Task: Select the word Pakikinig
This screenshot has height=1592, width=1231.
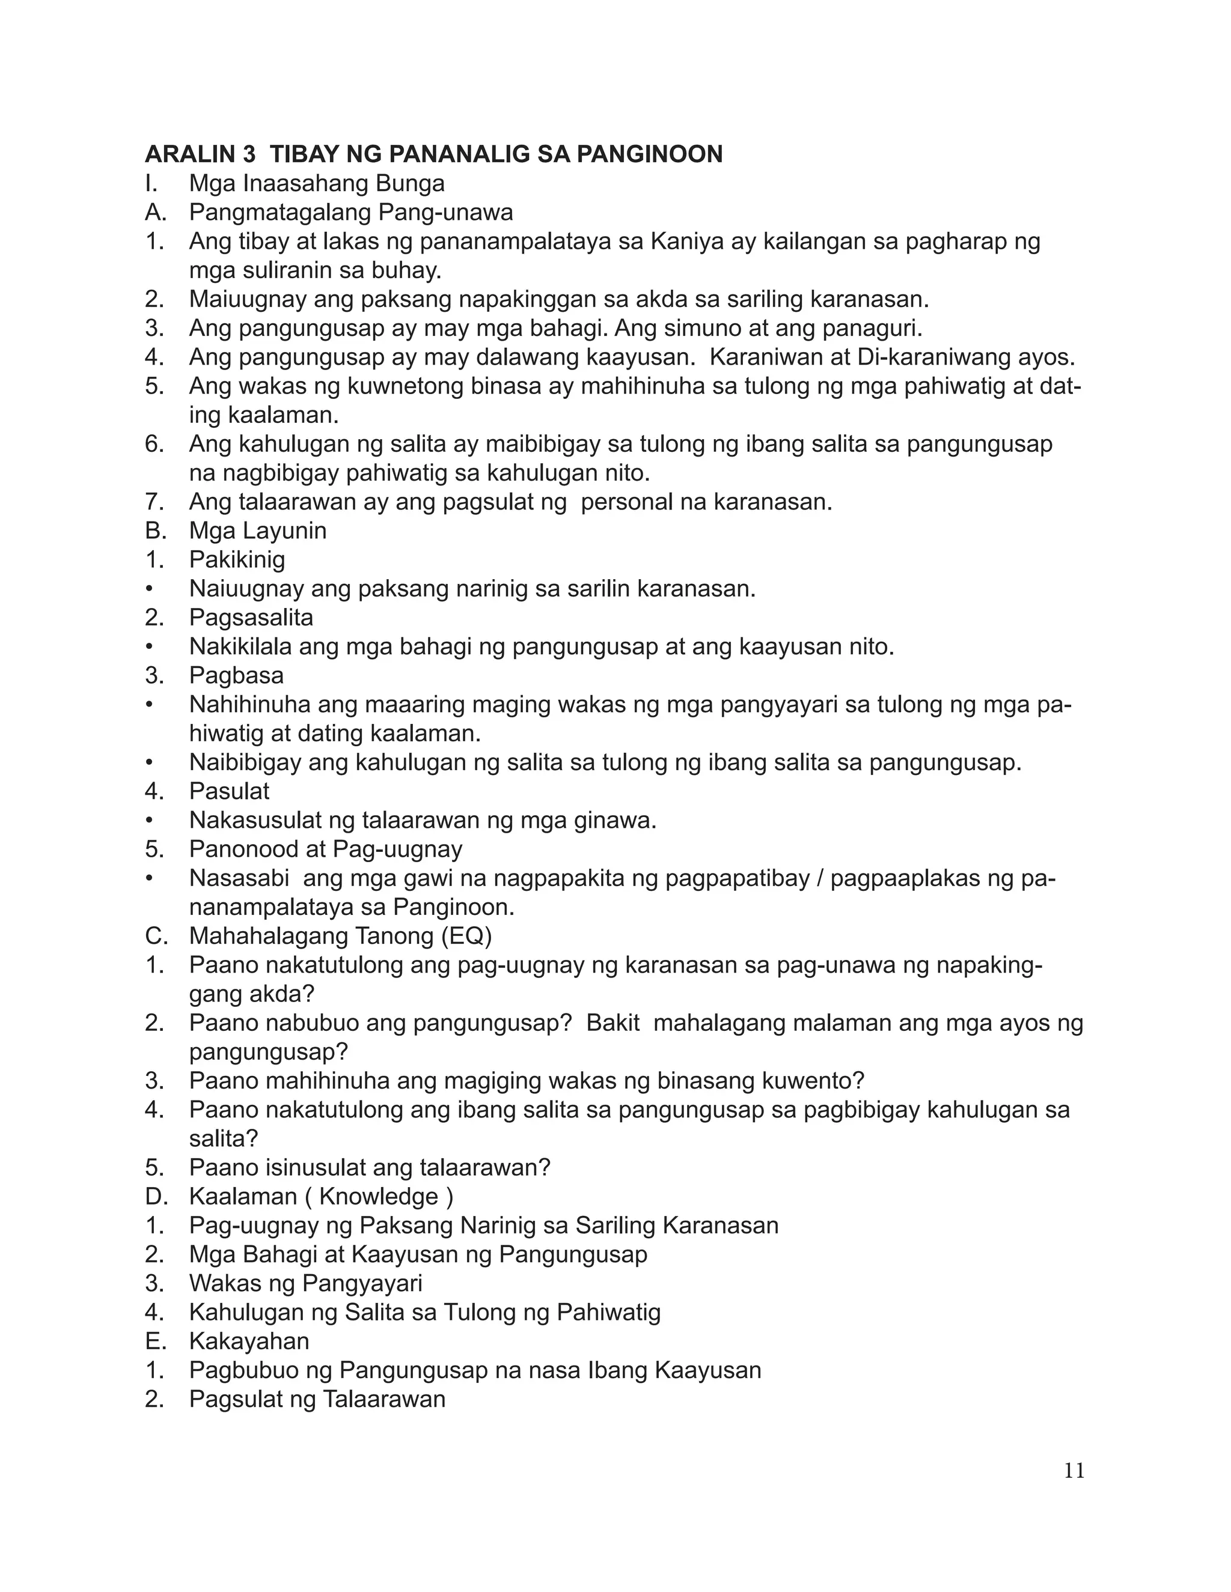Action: point(237,560)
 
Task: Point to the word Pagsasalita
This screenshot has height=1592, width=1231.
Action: point(251,618)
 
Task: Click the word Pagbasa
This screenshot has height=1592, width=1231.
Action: point(236,676)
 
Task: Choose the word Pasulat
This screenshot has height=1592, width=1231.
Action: point(229,792)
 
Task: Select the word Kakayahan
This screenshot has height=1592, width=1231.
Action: point(249,1341)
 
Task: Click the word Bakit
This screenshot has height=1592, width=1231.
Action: point(612,1022)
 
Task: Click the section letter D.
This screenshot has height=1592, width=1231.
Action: point(155,1197)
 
